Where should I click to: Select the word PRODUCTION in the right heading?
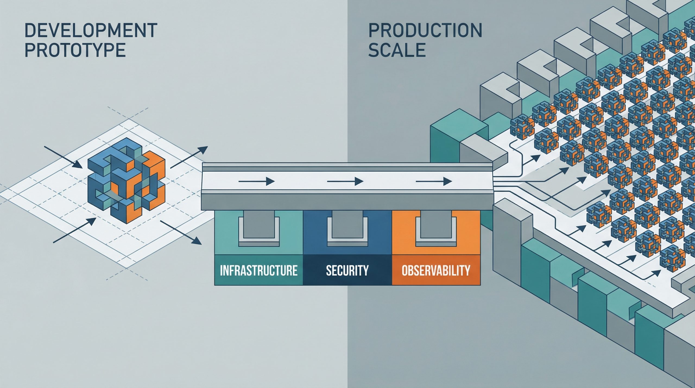pos(425,30)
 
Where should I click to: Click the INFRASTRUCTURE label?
pos(258,271)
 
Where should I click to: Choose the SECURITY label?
pos(347,271)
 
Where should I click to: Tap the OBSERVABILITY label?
pos(436,271)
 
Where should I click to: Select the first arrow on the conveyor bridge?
pos(257,181)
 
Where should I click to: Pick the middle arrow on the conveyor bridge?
pos(345,181)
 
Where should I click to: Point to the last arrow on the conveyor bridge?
pos(434,181)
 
